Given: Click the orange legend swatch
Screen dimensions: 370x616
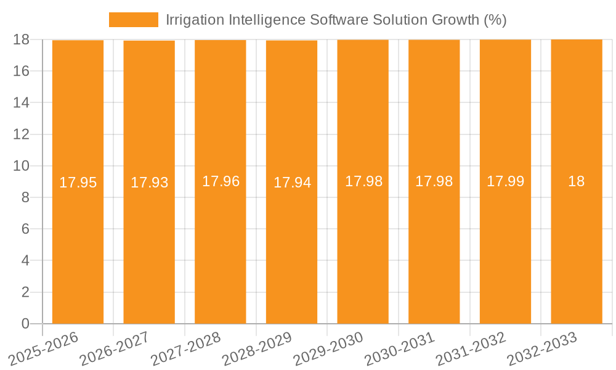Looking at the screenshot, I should click(133, 20).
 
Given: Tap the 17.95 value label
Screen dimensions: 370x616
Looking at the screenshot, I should click(78, 183).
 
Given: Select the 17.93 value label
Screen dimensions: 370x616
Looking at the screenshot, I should click(149, 183).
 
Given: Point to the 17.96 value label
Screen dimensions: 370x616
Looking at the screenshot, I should click(221, 181).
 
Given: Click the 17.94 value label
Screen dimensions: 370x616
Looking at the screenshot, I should click(292, 183).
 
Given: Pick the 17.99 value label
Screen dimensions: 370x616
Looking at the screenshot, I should click(505, 181).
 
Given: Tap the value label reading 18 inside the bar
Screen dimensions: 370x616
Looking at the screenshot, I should click(576, 181).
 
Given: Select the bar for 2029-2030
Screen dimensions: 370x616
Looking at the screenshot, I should click(363, 247).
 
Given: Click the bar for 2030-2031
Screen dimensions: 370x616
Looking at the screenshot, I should click(434, 247).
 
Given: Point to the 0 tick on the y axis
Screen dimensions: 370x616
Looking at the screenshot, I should click(25, 324).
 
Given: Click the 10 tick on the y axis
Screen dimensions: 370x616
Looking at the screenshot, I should click(21, 166).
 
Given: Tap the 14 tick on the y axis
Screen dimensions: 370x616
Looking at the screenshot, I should click(21, 102).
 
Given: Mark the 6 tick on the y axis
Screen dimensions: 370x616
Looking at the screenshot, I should click(25, 229).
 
